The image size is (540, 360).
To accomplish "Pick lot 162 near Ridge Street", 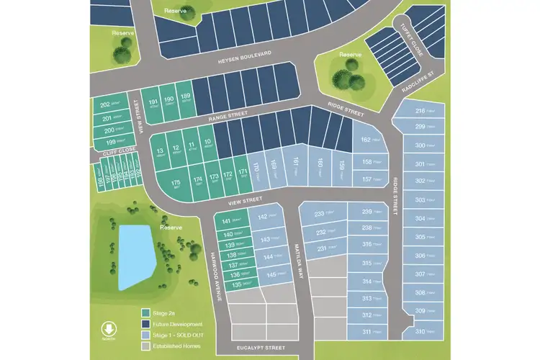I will pyautogui.click(x=370, y=141).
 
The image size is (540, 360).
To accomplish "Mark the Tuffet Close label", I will pyautogui.click(x=414, y=42).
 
